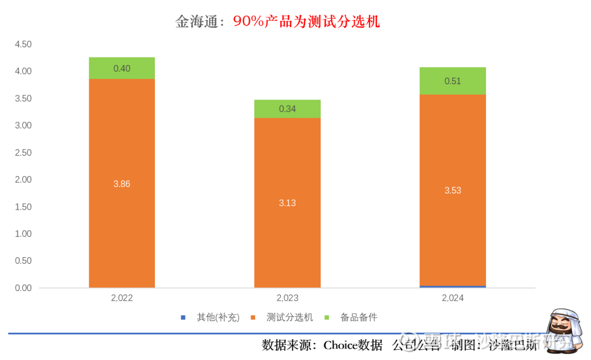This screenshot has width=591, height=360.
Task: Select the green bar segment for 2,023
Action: pos(287,109)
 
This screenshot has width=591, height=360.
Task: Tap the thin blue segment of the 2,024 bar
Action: pos(453,286)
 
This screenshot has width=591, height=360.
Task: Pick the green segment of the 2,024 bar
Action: pos(453,81)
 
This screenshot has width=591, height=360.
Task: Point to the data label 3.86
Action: pos(121,184)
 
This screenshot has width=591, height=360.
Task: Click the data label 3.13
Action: pos(287,203)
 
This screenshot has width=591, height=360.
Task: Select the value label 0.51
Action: pos(453,81)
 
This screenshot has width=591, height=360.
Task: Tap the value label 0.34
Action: pos(287,109)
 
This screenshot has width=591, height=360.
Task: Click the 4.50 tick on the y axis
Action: pos(24,44)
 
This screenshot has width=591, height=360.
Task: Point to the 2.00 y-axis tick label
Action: pos(24,179)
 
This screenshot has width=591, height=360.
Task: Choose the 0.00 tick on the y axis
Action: pos(24,288)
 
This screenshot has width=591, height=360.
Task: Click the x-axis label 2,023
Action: pos(287,298)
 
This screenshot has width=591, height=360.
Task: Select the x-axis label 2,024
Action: pos(453,298)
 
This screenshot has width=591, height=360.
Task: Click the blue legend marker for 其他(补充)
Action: pos(183,317)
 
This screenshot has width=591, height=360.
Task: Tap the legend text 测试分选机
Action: pos(289,317)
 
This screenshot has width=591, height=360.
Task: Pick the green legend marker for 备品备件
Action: pos(327,317)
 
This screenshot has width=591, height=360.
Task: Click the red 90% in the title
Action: pos(250,21)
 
